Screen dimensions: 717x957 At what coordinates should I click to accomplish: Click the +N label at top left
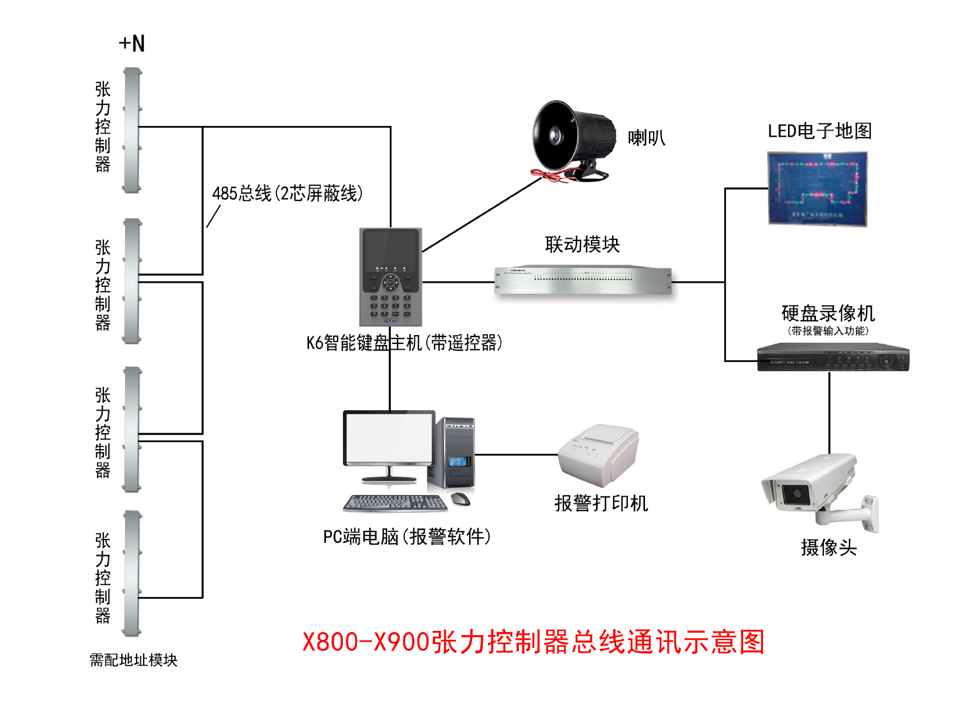(132, 44)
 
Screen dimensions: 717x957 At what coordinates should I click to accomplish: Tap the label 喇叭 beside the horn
(646, 138)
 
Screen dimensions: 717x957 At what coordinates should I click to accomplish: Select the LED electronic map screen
(817, 189)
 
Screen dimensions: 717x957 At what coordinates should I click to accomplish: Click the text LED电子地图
(819, 131)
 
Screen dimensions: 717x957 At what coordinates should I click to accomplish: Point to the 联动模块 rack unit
(583, 280)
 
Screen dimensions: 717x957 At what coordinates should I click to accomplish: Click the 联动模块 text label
(582, 244)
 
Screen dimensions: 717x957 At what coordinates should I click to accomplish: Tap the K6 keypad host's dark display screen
(390, 249)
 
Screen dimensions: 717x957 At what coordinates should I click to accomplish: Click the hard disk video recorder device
(833, 358)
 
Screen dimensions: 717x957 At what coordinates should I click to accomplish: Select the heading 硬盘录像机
(828, 314)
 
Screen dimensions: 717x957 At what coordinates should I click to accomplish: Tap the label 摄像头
(828, 548)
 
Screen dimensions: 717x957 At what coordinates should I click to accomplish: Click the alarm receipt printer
(598, 455)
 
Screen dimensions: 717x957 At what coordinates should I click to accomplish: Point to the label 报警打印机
(601, 503)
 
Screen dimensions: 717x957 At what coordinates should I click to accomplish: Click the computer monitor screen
(389, 438)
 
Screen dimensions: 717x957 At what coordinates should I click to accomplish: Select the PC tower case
(455, 453)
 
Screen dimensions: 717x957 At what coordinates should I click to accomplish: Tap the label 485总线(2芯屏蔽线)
(287, 193)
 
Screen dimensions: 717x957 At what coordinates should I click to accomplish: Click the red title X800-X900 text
(533, 642)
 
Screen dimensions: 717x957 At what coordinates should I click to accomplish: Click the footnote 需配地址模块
(134, 660)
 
